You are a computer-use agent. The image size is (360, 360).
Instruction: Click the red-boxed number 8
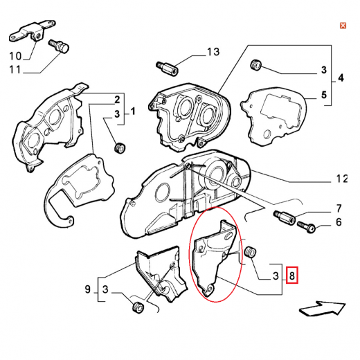[292, 276]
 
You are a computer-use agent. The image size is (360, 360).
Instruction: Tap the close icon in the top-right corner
[343, 26]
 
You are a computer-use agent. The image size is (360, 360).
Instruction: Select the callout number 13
[213, 52]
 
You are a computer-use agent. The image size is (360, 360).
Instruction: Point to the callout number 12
[342, 179]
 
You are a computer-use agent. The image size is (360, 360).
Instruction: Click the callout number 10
[15, 56]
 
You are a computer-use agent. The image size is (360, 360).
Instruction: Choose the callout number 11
[15, 69]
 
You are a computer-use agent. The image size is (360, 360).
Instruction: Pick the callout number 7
[339, 208]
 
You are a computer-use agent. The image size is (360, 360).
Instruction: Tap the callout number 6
[339, 222]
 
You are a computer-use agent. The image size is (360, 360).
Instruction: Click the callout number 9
[87, 289]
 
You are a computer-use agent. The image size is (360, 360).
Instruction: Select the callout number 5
[324, 95]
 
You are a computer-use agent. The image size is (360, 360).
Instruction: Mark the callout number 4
[341, 78]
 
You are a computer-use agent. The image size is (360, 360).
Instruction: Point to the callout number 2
[117, 100]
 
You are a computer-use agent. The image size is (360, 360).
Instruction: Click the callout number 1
[133, 111]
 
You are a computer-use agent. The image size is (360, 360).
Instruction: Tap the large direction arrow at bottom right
[322, 308]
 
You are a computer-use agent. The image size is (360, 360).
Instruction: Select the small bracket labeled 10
[33, 32]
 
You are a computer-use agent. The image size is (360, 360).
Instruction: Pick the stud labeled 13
[167, 68]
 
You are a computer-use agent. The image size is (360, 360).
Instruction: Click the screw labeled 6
[306, 227]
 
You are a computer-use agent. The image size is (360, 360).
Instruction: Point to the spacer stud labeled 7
[285, 217]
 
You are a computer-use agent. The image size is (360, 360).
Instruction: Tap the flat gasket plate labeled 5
[274, 117]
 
